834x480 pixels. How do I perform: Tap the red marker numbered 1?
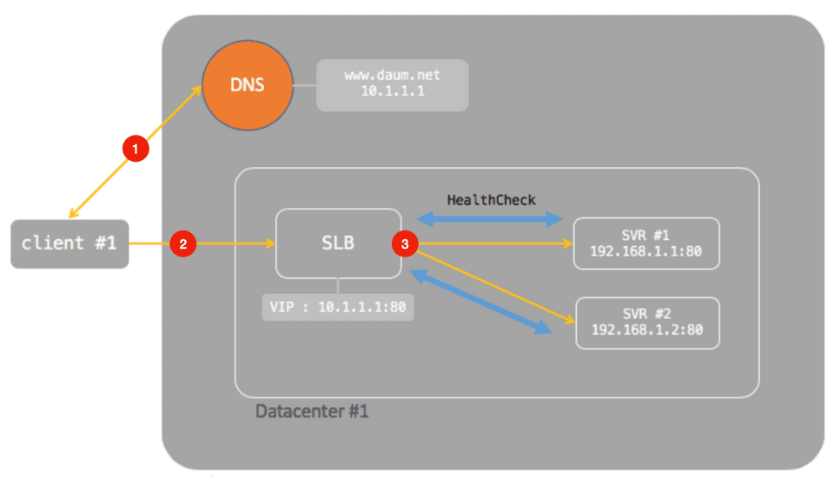pos(134,149)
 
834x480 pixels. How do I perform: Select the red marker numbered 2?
pos(182,244)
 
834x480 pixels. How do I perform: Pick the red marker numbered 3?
pos(406,244)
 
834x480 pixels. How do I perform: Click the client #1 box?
pos(69,243)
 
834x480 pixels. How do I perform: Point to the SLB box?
pos(338,243)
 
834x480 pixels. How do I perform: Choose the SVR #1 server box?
pos(646,243)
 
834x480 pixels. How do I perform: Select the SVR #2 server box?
pos(647,323)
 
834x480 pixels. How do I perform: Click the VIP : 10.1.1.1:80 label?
pos(338,307)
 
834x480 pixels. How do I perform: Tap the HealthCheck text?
pos(492,200)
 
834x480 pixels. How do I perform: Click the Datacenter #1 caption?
pos(312,410)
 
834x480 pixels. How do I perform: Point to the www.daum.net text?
pos(393,76)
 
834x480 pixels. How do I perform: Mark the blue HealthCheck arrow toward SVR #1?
pos(492,220)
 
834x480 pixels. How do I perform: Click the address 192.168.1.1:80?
pos(646,251)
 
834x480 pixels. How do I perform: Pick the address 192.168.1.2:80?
pos(647,331)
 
